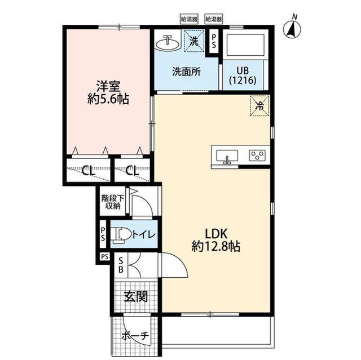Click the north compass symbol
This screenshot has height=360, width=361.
(x=292, y=28)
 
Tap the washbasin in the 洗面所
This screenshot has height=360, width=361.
(x=168, y=43)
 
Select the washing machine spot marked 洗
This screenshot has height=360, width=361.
(x=194, y=41)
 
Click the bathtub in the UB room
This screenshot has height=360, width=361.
(x=245, y=45)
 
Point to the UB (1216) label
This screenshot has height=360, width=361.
(x=243, y=75)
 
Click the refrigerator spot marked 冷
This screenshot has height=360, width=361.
(x=259, y=106)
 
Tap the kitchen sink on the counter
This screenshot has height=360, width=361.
(x=227, y=156)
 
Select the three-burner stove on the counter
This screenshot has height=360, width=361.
(x=257, y=155)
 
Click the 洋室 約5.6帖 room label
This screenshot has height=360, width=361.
(x=108, y=92)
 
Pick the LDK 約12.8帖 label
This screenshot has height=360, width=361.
(x=216, y=241)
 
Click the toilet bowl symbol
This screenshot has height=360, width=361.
(x=121, y=235)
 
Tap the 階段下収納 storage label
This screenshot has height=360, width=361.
(x=113, y=202)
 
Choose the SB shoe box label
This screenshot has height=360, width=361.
(x=121, y=265)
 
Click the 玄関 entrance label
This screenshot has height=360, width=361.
(x=136, y=296)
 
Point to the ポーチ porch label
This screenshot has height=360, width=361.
(x=135, y=336)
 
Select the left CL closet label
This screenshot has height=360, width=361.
(x=89, y=171)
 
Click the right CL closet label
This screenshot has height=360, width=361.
(x=133, y=171)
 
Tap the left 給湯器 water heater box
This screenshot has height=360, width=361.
(x=189, y=19)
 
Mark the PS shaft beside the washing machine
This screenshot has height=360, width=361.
(x=214, y=41)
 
